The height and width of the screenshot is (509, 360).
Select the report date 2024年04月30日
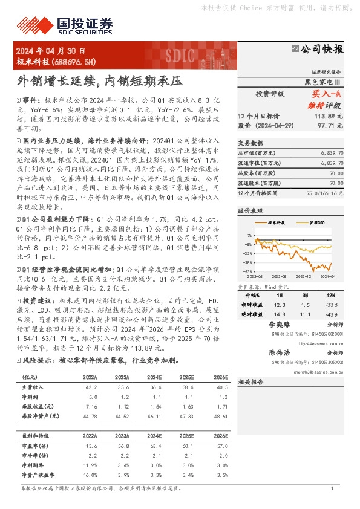(x=51, y=51)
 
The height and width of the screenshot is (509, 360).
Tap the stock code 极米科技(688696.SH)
(x=55, y=62)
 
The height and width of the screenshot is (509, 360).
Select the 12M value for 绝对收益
(x=331, y=314)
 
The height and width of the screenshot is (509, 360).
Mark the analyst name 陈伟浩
(x=280, y=352)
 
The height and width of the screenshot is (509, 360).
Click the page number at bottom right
(x=332, y=488)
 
